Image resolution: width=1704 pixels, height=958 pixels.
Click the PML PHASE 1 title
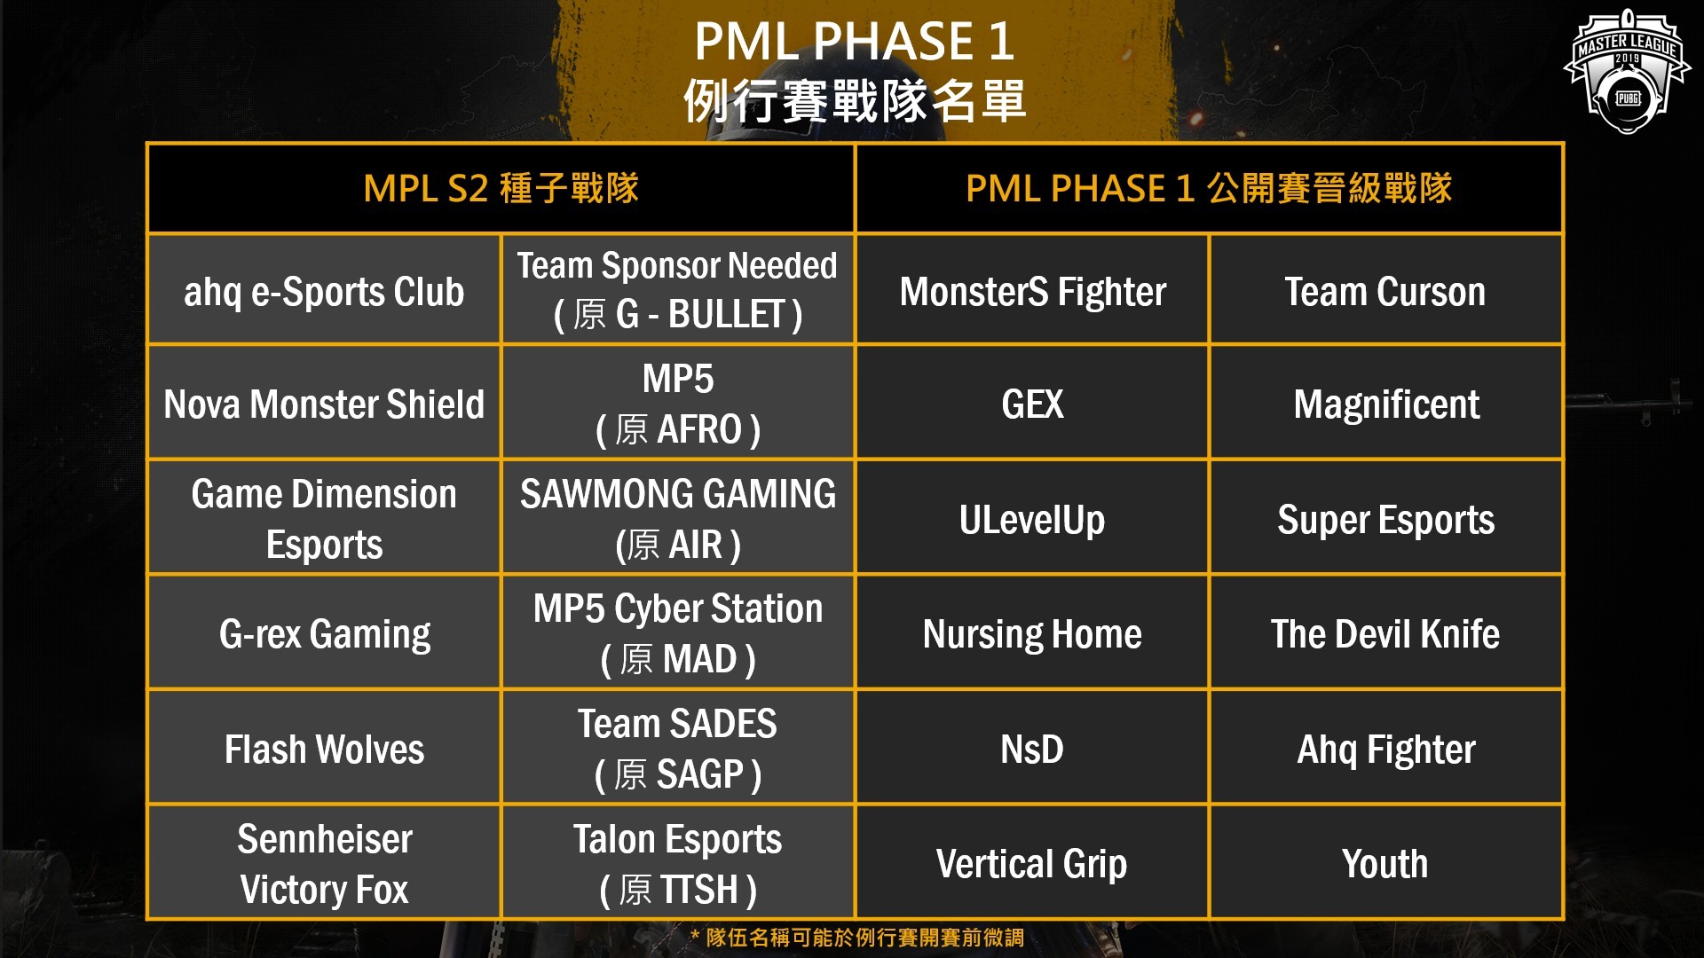tap(854, 41)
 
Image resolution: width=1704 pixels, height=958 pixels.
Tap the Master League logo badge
tap(1627, 71)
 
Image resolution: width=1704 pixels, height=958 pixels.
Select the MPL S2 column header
tap(501, 188)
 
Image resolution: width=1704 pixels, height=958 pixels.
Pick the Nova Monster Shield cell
tap(324, 404)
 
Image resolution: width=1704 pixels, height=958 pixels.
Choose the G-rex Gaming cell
tap(325, 634)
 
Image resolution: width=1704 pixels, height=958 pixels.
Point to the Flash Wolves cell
tap(324, 750)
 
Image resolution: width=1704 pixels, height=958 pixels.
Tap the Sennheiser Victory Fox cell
tap(324, 863)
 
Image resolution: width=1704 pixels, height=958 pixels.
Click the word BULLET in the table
tap(727, 314)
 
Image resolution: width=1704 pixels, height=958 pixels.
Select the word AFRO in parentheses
tap(699, 429)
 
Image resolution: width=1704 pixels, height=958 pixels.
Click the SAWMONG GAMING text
tap(678, 494)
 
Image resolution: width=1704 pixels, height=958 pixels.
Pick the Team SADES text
tap(678, 724)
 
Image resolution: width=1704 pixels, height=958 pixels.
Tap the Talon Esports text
tap(678, 839)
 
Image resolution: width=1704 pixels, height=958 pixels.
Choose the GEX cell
tap(1032, 404)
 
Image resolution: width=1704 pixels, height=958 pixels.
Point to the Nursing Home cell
tap(1032, 634)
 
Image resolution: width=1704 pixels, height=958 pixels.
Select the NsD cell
tap(1032, 750)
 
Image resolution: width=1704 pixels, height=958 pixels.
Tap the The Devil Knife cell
tap(1385, 634)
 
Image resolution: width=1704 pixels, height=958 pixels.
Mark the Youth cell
tap(1385, 864)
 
